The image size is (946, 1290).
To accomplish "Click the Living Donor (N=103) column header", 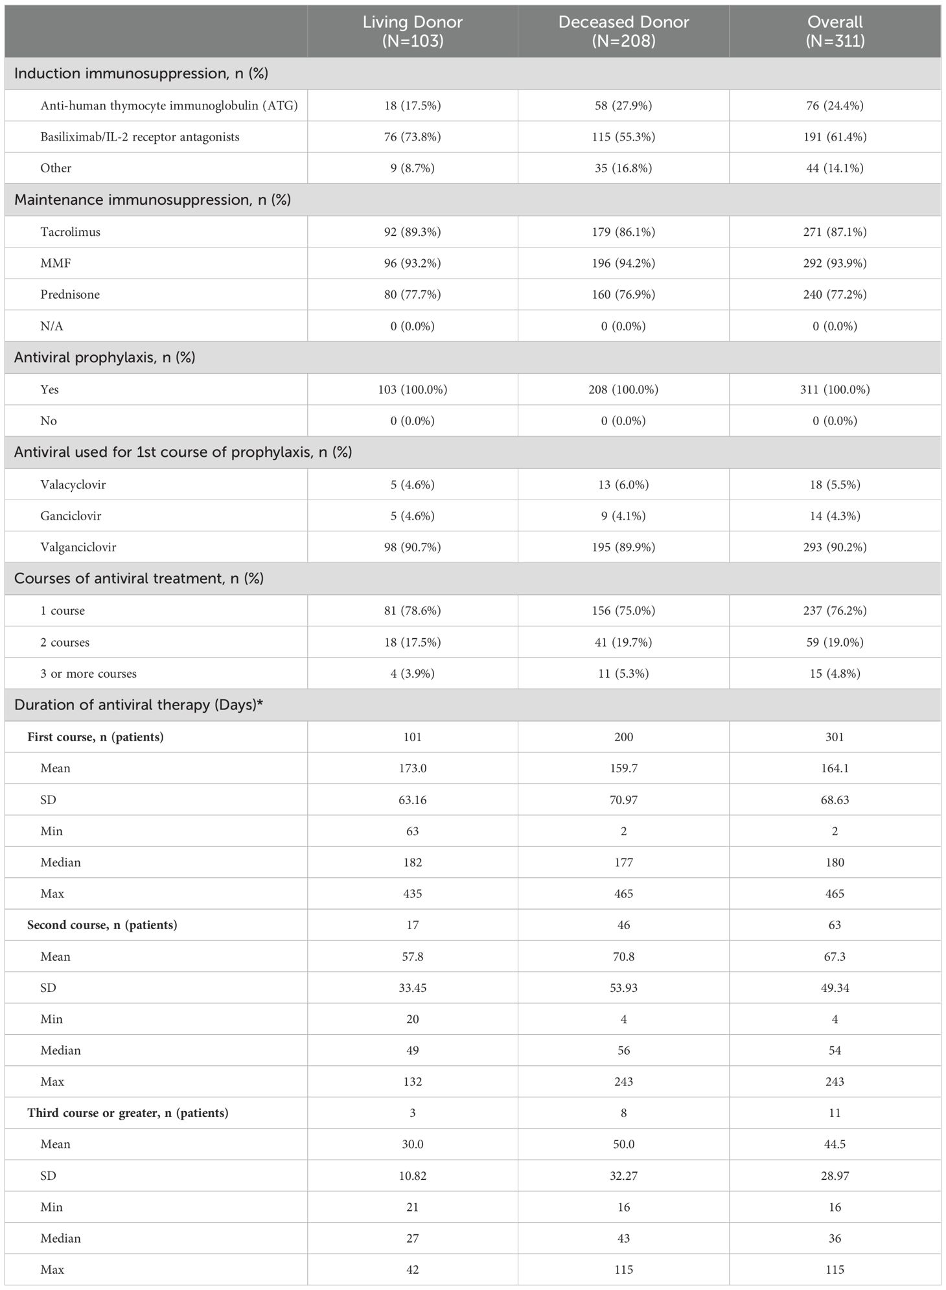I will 412,31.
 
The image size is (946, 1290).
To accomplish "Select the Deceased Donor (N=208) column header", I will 623,31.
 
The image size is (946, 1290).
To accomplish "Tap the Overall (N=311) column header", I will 835,31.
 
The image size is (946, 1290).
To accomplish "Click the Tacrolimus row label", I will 70,231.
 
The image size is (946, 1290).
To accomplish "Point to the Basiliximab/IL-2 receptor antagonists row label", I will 139,137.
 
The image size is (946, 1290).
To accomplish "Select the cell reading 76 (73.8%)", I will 412,137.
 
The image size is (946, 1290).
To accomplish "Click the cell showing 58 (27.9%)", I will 623,106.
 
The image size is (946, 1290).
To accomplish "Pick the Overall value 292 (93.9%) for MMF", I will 835,263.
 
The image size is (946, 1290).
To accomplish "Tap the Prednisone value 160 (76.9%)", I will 623,294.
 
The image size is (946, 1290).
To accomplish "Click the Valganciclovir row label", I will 78,547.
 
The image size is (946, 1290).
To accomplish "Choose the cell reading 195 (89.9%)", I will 623,547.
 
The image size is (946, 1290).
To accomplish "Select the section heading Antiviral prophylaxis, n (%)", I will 104,358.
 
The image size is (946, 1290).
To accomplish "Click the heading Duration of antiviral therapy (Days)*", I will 139,705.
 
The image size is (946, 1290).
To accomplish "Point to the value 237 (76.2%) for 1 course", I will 835,610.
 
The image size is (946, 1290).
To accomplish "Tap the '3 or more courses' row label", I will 88,673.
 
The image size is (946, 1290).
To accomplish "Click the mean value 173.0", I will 412,768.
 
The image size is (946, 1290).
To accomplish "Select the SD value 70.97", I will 623,800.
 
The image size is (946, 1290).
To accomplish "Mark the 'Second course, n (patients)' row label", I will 102,925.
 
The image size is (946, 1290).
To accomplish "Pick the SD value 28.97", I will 835,1175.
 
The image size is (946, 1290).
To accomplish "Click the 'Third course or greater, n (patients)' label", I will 128,1112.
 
